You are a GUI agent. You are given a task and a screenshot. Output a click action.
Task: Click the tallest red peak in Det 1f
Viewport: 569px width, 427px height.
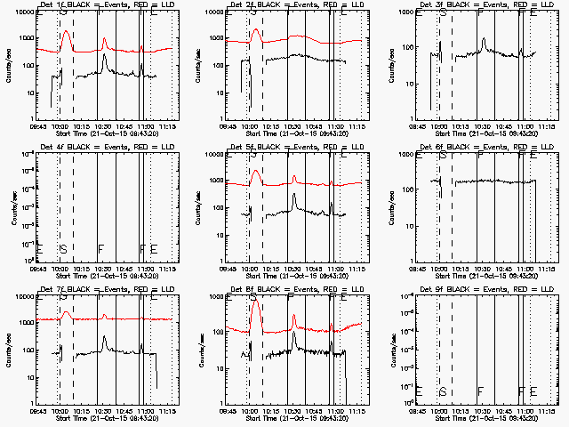coord(66,31)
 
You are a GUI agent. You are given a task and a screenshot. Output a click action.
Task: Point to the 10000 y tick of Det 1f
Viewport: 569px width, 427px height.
coord(22,13)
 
